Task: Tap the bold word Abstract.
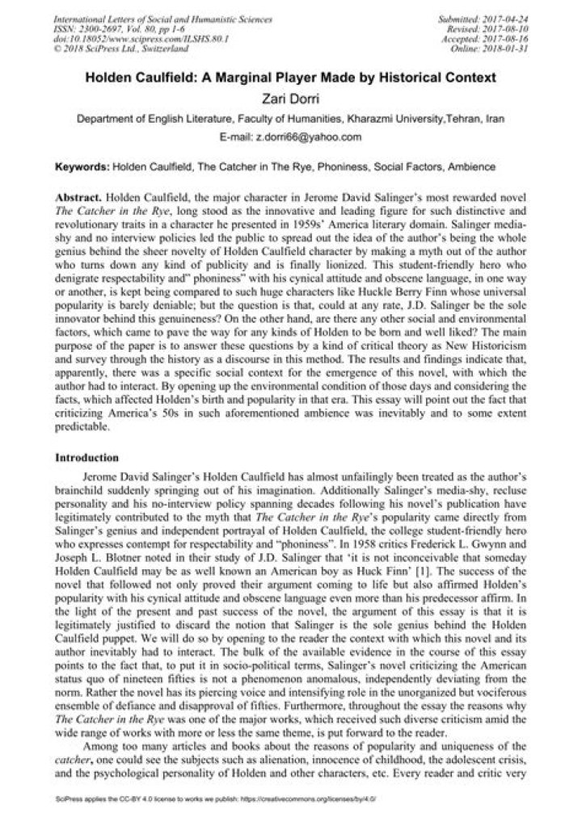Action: (x=81, y=197)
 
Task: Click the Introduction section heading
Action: (x=87, y=457)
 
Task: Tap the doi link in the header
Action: (x=117, y=38)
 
